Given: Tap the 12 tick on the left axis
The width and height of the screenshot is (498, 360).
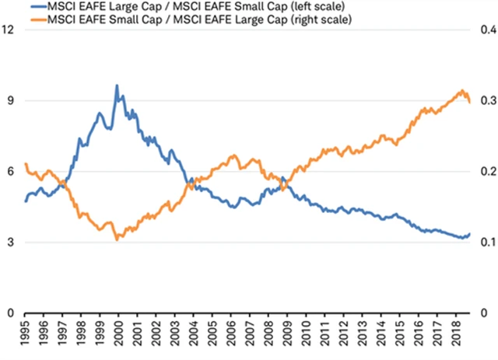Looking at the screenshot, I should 9,30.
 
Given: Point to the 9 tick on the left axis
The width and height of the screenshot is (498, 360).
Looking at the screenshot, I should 9,100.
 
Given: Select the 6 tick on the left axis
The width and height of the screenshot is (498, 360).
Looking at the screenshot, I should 9,172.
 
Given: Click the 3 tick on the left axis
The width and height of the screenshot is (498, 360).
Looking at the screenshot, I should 9,243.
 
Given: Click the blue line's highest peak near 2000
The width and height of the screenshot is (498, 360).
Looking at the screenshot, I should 117,86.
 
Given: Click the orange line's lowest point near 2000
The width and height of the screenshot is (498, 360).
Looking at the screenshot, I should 117,239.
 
